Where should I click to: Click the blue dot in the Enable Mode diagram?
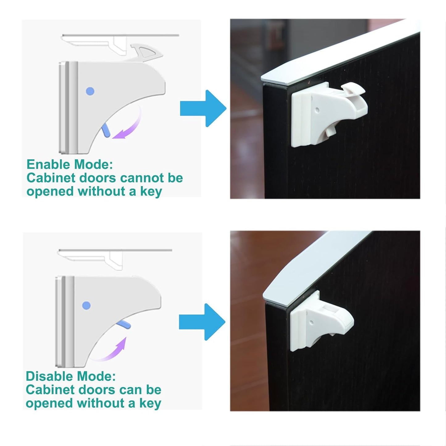(90, 91)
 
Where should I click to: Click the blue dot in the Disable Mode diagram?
(86, 306)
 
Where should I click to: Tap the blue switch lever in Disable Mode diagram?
(123, 324)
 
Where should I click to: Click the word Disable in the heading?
(50, 376)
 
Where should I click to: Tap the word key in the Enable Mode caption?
(151, 192)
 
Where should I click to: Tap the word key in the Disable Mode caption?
(150, 403)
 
